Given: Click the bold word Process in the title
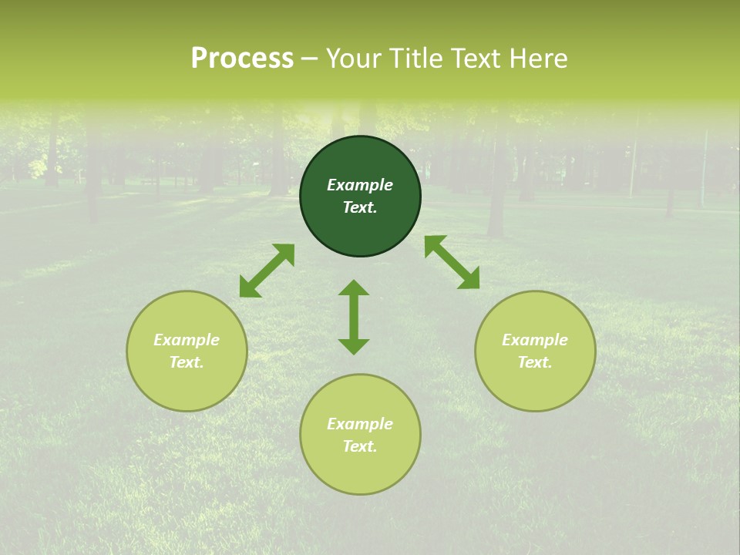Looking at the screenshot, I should (242, 59).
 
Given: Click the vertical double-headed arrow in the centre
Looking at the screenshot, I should (354, 317).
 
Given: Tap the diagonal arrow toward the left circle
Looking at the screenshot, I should (267, 271).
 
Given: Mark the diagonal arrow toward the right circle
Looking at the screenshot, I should (452, 262).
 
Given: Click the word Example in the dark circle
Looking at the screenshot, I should (360, 185).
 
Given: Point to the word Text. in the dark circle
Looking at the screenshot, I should (360, 207).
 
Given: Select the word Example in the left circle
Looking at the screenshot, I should (187, 340).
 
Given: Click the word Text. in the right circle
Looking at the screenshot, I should (535, 362).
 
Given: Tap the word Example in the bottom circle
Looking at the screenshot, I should (360, 424).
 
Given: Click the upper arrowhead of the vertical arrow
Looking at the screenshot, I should (354, 288).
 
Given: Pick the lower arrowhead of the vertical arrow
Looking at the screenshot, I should (354, 346).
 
